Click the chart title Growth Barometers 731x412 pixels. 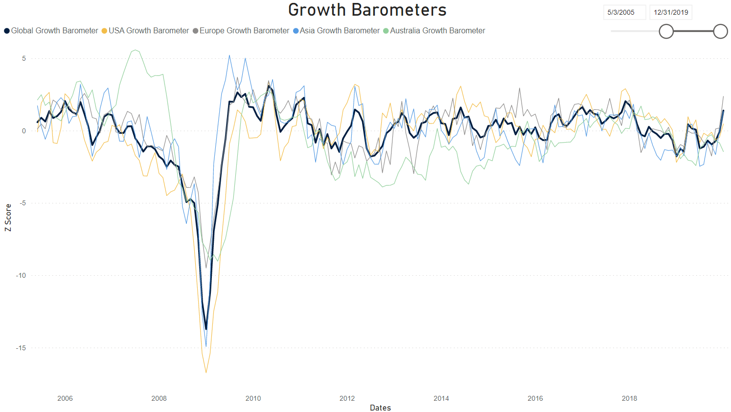[x=367, y=10]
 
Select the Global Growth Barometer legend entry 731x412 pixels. [x=51, y=30]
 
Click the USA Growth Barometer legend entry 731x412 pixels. [x=145, y=30]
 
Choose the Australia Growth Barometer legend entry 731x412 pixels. [x=434, y=30]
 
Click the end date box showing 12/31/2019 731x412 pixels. [x=671, y=12]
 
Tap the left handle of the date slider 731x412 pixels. [x=666, y=31]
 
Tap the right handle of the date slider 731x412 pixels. [x=720, y=31]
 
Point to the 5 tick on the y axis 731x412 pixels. [x=23, y=58]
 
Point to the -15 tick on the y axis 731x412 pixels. [x=21, y=348]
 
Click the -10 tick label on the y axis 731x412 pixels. [x=21, y=275]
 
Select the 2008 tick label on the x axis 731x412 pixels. [x=159, y=398]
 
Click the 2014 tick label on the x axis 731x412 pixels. [x=441, y=398]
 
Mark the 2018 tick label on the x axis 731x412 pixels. [x=629, y=398]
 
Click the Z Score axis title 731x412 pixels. [x=8, y=218]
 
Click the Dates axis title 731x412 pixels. [x=380, y=408]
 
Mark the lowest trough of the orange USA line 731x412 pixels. [x=206, y=372]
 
